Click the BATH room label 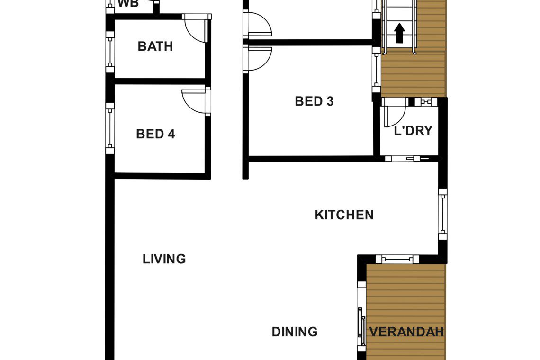pos(155,46)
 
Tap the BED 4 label pos(155,134)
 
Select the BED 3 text pos(314,101)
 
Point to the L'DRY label pos(413,131)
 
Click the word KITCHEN pos(344,215)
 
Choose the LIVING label pos(164,259)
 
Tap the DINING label pos(295,332)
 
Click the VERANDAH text pos(406,332)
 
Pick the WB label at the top pos(128,4)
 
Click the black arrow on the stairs pos(399,33)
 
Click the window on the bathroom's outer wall pos(110,52)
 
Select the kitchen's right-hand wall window pos(443,214)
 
